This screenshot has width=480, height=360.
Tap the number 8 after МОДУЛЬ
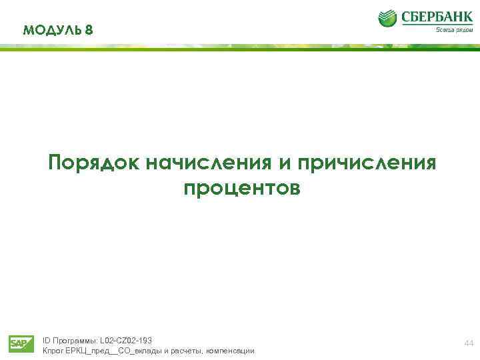[90, 30]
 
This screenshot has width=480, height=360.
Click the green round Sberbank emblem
[388, 18]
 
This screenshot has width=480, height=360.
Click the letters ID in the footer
[46, 341]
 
